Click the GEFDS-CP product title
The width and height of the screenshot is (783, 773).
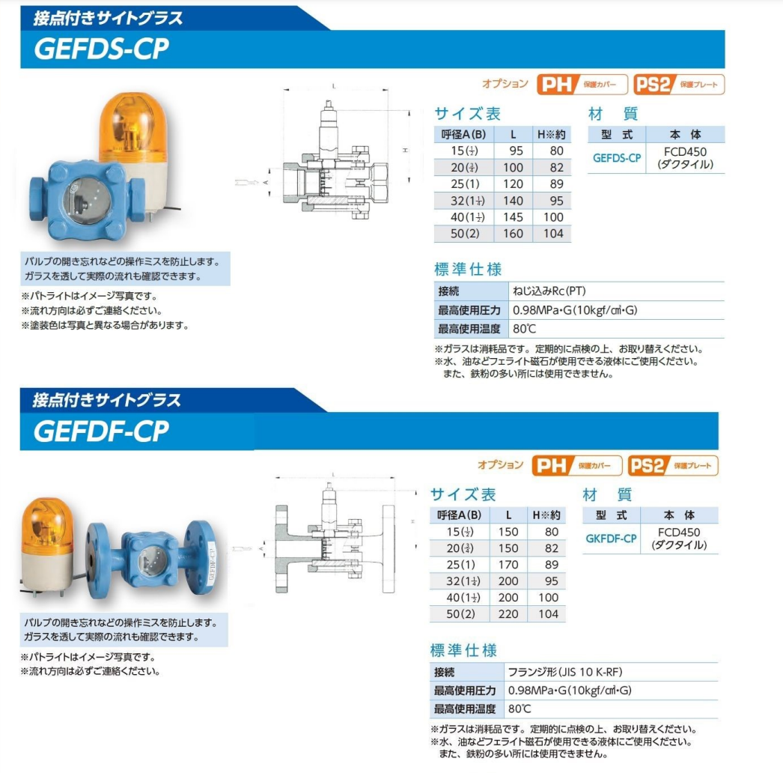pyautogui.click(x=102, y=49)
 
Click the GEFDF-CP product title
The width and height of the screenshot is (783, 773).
pyautogui.click(x=102, y=431)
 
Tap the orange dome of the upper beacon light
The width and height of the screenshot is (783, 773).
pyautogui.click(x=128, y=124)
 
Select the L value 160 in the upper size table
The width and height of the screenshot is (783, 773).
pyautogui.click(x=514, y=234)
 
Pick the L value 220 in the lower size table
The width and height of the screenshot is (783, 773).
pyautogui.click(x=509, y=614)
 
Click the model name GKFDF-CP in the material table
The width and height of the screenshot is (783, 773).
pyautogui.click(x=611, y=539)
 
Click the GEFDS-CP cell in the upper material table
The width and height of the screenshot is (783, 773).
pyautogui.click(x=617, y=157)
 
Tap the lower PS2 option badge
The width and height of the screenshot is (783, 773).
pyautogui.click(x=672, y=466)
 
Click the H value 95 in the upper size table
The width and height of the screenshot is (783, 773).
pyautogui.click(x=552, y=201)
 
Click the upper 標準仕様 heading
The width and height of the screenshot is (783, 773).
pyautogui.click(x=468, y=269)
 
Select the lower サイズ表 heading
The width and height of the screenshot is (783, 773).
pyautogui.click(x=463, y=494)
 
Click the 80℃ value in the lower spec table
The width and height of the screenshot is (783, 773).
pyautogui.click(x=520, y=709)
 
